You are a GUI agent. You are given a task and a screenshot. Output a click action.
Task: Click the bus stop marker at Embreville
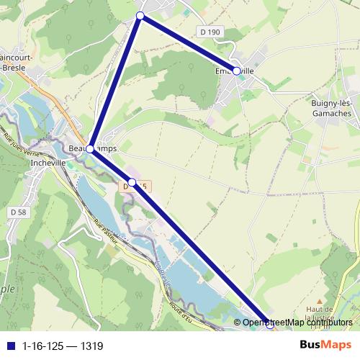(236, 71)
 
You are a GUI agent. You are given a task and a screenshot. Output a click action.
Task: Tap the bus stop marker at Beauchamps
(90, 148)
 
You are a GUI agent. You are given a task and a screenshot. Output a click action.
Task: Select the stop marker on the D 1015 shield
(132, 183)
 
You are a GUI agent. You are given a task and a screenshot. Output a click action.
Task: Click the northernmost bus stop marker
(140, 15)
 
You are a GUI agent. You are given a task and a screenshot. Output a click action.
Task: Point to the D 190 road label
(209, 32)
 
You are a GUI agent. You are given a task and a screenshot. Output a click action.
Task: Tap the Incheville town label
(49, 163)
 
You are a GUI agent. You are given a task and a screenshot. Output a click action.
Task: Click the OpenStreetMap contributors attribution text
(297, 323)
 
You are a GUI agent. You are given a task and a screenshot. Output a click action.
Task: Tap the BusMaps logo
(325, 346)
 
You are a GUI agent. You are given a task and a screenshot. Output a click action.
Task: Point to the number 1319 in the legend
(91, 346)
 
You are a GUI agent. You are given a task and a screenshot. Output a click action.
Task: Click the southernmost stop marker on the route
(270, 326)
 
